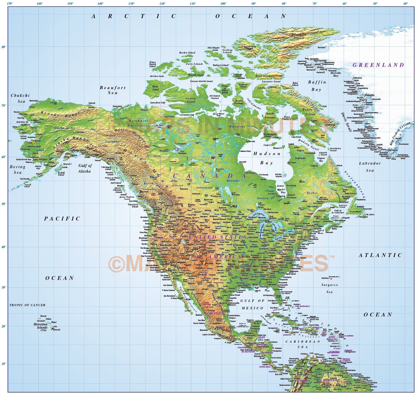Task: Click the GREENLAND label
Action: (x=378, y=65)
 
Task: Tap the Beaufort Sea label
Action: (x=113, y=90)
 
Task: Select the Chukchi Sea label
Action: (x=20, y=98)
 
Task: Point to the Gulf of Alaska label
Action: (x=85, y=168)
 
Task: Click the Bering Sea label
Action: (x=18, y=169)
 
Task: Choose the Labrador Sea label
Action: (x=370, y=167)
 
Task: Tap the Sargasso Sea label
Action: (x=329, y=288)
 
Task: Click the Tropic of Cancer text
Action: (x=27, y=305)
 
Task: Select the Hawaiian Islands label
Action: (x=42, y=326)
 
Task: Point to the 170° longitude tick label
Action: (x=10, y=4)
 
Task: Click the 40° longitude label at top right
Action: (x=406, y=4)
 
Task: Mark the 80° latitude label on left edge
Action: (x=4, y=47)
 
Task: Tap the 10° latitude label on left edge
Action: (x=4, y=364)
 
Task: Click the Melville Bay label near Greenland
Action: (x=336, y=74)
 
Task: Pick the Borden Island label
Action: (x=187, y=53)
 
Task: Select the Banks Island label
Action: (x=155, y=88)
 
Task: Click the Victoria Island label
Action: (x=191, y=100)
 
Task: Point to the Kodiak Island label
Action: (x=61, y=174)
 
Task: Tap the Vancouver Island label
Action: (x=133, y=205)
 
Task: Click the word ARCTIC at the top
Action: (x=134, y=16)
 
